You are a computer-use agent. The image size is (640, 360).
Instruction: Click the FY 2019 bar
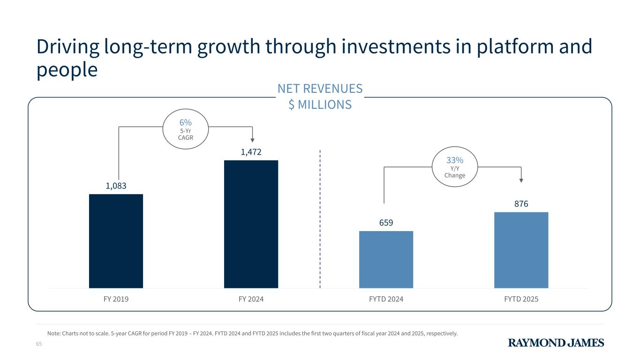(116, 241)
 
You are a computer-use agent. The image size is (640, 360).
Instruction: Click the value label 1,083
(116, 186)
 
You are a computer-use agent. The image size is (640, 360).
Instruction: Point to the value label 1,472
(251, 152)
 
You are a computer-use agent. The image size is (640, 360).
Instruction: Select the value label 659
(386, 223)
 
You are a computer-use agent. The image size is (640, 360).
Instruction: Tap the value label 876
(521, 204)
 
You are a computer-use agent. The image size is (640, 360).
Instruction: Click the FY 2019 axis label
(116, 299)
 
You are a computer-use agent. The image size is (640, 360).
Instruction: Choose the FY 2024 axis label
(251, 299)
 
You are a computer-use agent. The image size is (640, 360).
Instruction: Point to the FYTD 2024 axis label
(386, 299)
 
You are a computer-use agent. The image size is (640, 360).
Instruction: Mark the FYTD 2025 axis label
(521, 299)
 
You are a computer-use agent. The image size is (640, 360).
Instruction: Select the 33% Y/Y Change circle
(455, 167)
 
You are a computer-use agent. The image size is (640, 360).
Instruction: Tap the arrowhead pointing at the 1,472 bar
(252, 140)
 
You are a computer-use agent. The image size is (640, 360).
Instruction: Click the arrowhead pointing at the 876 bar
(521, 180)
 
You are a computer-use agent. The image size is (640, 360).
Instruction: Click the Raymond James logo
(556, 343)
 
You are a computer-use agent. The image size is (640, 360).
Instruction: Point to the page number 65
(39, 345)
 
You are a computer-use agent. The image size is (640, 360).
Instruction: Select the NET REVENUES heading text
(320, 89)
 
